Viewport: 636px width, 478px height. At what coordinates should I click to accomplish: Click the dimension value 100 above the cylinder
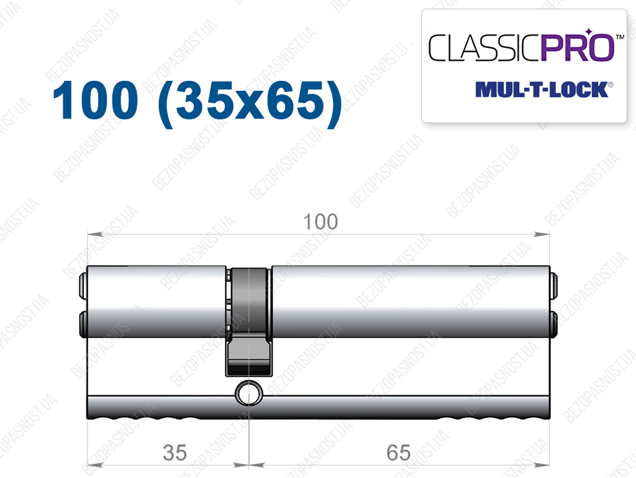(x=320, y=221)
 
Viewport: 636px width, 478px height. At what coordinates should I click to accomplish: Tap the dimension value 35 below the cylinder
(x=175, y=453)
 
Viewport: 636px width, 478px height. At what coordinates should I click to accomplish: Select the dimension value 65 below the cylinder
(x=399, y=453)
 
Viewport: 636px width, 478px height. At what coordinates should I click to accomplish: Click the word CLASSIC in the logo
(x=484, y=48)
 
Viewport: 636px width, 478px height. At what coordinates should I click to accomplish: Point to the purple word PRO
(x=578, y=47)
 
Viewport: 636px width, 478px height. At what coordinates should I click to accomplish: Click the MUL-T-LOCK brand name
(x=542, y=90)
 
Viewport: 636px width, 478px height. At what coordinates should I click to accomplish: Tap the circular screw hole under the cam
(x=248, y=393)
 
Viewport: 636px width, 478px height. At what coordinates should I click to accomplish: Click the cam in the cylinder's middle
(x=248, y=321)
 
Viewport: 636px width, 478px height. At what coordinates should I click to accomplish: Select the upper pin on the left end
(x=83, y=284)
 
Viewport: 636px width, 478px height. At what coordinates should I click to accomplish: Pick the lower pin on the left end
(x=83, y=324)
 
